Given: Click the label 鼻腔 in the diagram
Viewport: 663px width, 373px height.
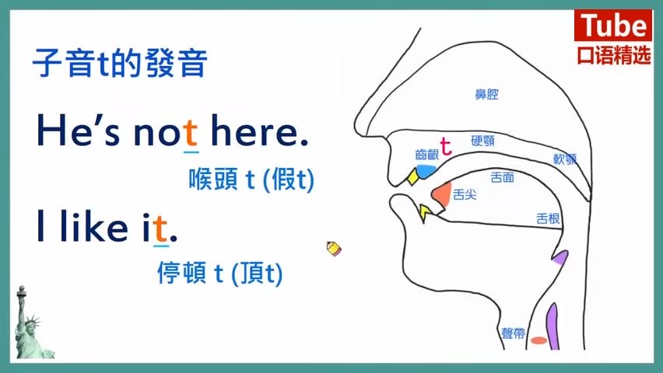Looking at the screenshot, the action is point(486,94).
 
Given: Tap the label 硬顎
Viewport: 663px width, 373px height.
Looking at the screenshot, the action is point(483,141).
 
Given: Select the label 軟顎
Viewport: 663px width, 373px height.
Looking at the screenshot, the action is point(565,159).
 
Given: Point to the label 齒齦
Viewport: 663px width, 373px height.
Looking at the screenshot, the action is point(427,155).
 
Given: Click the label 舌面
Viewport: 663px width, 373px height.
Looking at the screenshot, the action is point(503,177).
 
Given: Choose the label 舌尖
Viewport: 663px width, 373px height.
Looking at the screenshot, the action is point(465,195).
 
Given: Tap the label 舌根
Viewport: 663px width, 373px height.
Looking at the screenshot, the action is point(548,218).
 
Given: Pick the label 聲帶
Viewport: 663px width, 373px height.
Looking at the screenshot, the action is point(514,333).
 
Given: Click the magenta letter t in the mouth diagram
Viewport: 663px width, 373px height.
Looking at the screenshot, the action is point(446,146).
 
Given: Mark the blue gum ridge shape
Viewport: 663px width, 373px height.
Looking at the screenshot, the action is point(426,170).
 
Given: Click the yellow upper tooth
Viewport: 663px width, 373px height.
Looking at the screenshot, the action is point(412,176).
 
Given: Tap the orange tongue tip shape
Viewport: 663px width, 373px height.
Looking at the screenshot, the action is point(442,195).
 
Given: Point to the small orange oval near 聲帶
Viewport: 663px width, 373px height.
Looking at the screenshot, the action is point(538,340).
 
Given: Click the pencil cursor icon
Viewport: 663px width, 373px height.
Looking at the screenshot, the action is point(334,249).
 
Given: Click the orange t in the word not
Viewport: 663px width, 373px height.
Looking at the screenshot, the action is point(191,133).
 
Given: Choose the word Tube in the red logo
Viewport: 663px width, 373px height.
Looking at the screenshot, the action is point(613,25).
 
